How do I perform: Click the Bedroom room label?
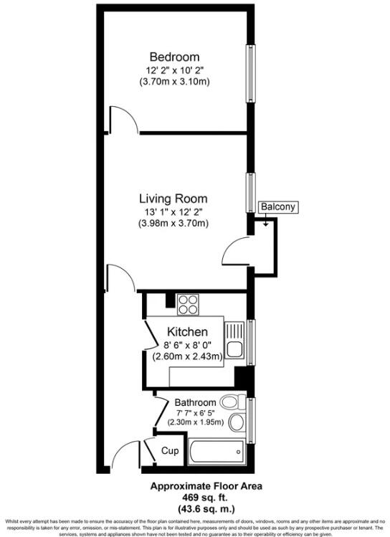click(x=173, y=57)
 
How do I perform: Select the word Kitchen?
click(x=187, y=332)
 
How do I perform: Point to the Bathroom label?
click(x=195, y=402)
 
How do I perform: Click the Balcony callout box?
click(x=278, y=207)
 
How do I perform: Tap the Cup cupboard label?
click(x=169, y=451)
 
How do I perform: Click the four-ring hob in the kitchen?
click(x=188, y=305)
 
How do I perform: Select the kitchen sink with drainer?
click(x=234, y=343)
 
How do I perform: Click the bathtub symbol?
click(x=217, y=452)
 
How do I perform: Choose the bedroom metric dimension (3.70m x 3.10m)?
click(x=173, y=82)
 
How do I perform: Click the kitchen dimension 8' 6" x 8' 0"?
click(x=186, y=345)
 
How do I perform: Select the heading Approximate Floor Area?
click(x=195, y=485)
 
